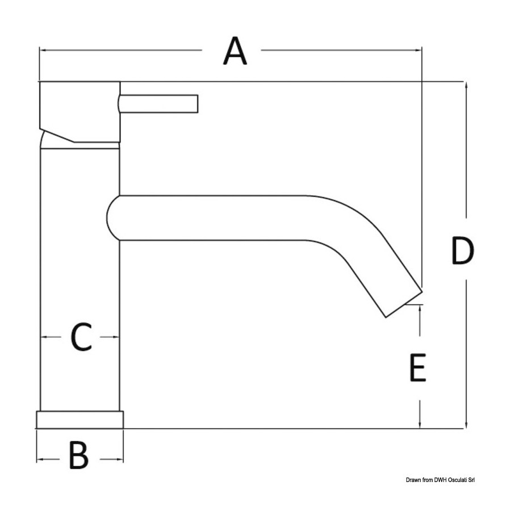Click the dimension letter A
235,51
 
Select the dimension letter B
79,455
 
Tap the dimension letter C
81,337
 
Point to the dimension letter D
463,250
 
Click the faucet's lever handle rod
158,104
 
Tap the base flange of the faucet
80,420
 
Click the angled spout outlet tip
404,304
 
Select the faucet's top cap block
80,112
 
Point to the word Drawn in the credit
413,480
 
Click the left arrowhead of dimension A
43,50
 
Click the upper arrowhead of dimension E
420,308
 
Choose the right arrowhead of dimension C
116,337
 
